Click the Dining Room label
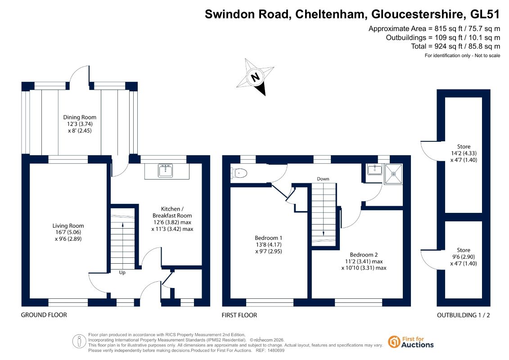[x=80, y=117]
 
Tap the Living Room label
[x=68, y=225]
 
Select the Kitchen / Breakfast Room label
[x=172, y=212]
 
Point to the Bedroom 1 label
[x=269, y=238]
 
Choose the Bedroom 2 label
[x=364, y=255]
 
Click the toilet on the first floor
[x=239, y=173]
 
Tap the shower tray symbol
[x=393, y=174]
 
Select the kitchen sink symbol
[x=166, y=171]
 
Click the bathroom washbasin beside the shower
[x=375, y=169]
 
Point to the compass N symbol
[x=256, y=77]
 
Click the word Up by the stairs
[x=122, y=273]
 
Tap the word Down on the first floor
[x=323, y=179]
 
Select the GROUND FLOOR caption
[x=44, y=315]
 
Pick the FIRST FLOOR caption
[x=239, y=315]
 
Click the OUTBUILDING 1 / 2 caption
[x=464, y=315]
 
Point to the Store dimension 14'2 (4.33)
[x=464, y=153]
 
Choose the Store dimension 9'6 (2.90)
[x=464, y=257]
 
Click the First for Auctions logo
[x=411, y=342]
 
